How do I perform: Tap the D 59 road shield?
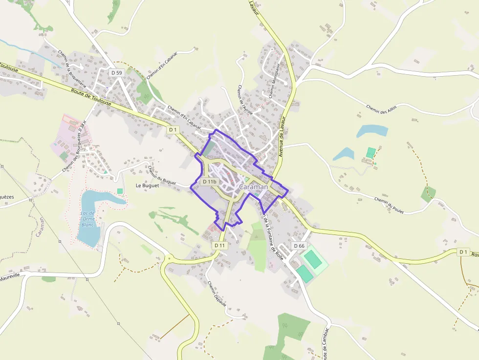click(x=116, y=73)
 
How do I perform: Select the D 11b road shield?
click(x=209, y=182)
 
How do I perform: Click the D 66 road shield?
click(x=299, y=245)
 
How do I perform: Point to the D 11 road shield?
click(x=220, y=245)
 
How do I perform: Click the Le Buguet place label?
click(x=147, y=186)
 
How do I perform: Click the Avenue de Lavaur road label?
click(x=282, y=137)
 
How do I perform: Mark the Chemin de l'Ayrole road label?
click(x=245, y=100)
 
